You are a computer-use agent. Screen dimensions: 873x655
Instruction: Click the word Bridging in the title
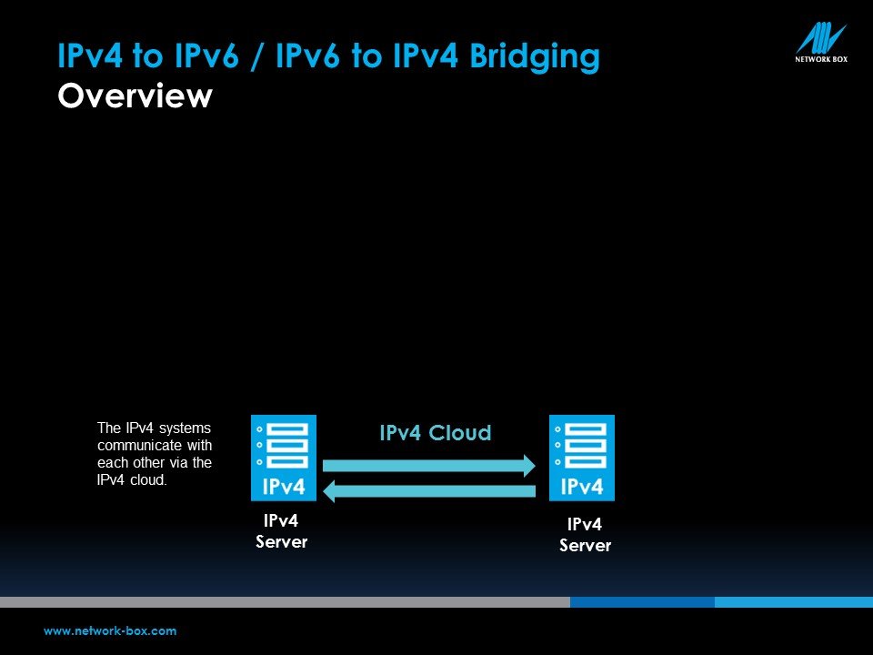point(535,57)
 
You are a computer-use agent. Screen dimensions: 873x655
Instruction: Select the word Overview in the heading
point(135,96)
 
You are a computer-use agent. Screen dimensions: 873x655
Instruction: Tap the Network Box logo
point(821,43)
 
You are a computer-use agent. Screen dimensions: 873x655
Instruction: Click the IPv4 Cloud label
point(436,433)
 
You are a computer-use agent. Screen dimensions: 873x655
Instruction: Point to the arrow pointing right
point(428,466)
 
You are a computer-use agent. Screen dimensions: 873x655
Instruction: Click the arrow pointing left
point(429,490)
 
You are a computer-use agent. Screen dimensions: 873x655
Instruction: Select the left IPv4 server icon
point(284,458)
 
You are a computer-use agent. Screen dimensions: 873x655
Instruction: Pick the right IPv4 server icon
point(582,458)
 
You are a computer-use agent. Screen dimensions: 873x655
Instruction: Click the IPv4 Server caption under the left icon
point(281,530)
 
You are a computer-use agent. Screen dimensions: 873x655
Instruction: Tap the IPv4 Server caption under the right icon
point(585,535)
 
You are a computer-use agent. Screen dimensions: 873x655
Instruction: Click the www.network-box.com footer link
point(110,631)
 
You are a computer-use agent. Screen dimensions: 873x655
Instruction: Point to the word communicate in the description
point(138,446)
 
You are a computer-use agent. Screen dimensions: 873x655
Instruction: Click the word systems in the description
point(185,428)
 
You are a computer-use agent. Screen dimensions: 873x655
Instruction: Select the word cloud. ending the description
point(148,479)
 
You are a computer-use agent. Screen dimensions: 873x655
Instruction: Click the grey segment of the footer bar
point(285,602)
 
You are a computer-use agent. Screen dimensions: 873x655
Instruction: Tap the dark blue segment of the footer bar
point(643,602)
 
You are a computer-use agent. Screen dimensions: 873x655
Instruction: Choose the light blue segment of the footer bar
point(794,602)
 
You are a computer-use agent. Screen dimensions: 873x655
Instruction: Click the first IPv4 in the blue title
point(90,55)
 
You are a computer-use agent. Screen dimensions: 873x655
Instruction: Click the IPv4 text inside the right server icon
point(582,487)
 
